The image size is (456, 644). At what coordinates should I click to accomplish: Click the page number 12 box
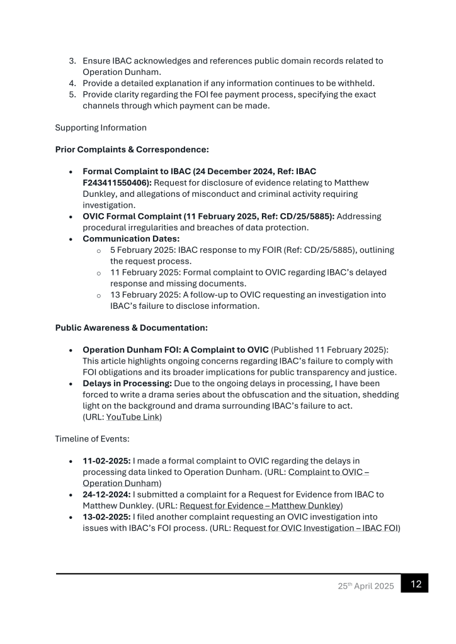pyautogui.click(x=414, y=583)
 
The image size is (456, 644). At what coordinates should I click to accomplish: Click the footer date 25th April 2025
pyautogui.click(x=365, y=586)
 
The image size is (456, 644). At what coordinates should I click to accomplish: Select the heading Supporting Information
pyautogui.click(x=101, y=128)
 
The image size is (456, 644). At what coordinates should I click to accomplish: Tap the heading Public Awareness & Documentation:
pyautogui.click(x=131, y=328)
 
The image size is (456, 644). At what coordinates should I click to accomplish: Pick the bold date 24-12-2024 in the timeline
pyautogui.click(x=106, y=494)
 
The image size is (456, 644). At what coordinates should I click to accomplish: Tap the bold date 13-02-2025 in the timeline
pyautogui.click(x=106, y=516)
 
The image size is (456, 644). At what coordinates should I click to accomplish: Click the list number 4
pyautogui.click(x=72, y=84)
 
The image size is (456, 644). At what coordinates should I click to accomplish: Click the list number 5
pyautogui.click(x=72, y=94)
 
